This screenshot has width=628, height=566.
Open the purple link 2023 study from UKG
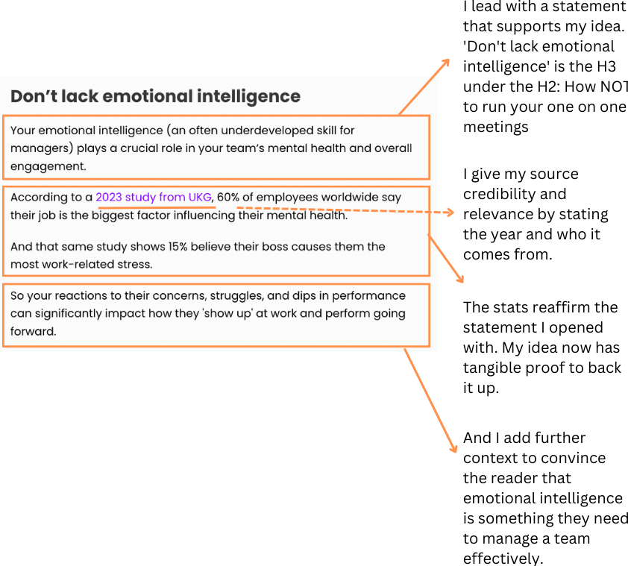(x=154, y=198)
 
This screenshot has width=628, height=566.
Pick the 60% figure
(x=228, y=198)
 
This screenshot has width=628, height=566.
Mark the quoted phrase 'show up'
(x=230, y=313)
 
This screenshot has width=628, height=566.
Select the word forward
(x=33, y=331)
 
